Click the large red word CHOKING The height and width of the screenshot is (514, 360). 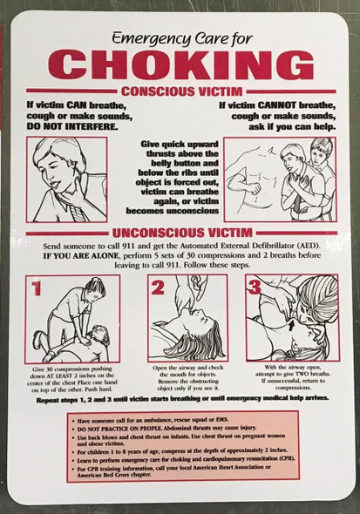click(180, 65)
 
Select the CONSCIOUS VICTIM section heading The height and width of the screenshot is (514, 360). click(180, 91)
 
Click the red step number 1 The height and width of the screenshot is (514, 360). click(37, 288)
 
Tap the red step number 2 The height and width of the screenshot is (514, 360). click(158, 288)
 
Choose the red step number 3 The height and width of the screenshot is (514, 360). click(255, 287)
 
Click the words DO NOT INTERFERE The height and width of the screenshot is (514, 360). click(72, 125)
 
